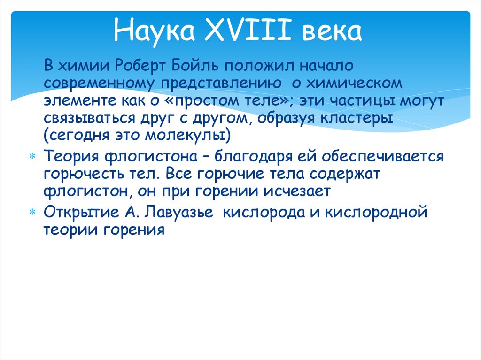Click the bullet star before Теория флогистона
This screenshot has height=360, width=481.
[32, 155]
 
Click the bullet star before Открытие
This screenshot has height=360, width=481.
[32, 212]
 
